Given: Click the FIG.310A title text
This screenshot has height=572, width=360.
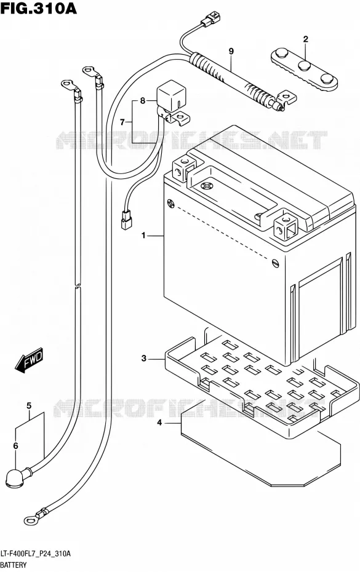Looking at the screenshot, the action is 38,9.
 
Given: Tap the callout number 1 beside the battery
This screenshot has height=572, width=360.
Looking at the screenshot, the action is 144,236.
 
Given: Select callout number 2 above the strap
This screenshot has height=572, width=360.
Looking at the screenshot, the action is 306,39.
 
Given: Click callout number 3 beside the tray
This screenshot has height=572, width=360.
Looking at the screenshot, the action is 144,359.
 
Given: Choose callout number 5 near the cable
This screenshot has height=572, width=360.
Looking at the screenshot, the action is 29,406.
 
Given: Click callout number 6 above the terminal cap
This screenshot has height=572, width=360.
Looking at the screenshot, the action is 15,445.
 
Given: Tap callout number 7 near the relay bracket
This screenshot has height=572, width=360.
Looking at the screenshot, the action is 122,122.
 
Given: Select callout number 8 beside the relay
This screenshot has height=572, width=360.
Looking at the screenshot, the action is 142,100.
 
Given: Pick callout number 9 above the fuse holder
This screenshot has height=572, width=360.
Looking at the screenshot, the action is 231,52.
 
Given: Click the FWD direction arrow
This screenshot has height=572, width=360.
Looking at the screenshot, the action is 29,360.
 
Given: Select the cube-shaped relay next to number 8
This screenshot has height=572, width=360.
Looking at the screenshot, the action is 169,96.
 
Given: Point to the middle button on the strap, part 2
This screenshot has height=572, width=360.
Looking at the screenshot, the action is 304,66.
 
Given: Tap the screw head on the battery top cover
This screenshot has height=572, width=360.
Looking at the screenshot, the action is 207,186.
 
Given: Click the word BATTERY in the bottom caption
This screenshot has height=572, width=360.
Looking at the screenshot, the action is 14,565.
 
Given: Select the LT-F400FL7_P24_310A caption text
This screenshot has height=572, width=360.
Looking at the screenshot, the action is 36,554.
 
